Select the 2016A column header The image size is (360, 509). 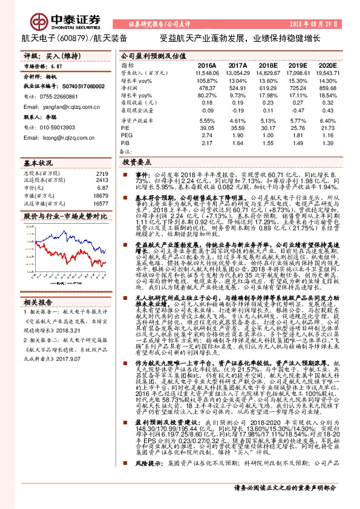(208, 65)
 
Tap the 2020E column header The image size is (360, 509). (327, 65)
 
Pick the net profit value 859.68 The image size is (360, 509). (327, 88)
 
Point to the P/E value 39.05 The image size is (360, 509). (207, 128)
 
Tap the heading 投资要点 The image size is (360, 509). (136, 163)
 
